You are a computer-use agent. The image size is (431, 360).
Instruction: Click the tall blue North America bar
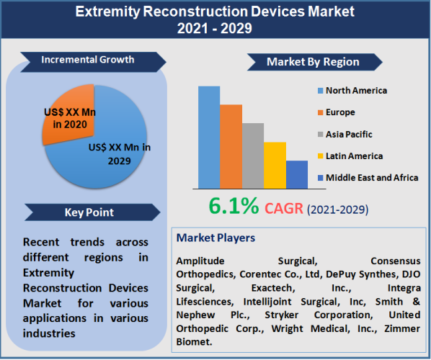click(x=209, y=137)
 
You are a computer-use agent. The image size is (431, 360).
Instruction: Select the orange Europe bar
click(x=231, y=146)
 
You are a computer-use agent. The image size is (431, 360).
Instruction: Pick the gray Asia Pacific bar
click(x=253, y=155)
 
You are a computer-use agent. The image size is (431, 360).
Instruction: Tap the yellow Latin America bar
click(x=275, y=165)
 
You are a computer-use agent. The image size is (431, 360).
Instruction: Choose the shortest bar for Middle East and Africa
click(x=296, y=174)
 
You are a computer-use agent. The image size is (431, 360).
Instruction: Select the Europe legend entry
click(x=340, y=112)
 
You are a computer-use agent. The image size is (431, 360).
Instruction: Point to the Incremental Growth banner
click(x=86, y=60)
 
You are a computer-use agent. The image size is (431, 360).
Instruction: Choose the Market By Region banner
click(x=313, y=62)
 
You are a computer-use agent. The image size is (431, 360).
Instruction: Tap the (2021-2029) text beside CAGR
click(x=338, y=210)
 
